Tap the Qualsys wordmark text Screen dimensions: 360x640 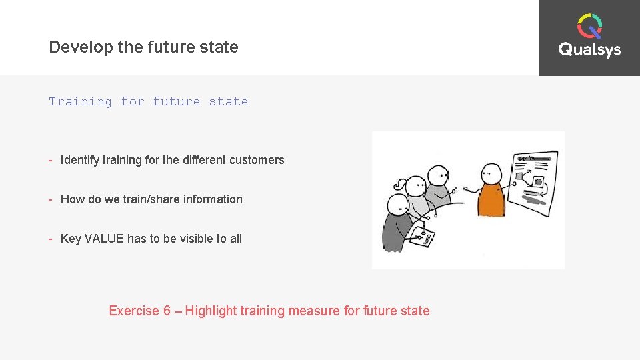tap(589, 50)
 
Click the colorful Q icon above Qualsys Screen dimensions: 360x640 tap(589, 27)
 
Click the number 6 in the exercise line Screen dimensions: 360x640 tap(167, 311)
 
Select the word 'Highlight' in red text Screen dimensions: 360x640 tap(211, 311)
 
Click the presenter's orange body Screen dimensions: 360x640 tap(493, 200)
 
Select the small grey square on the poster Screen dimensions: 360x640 tap(519, 176)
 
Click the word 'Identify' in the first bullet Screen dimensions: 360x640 tap(79, 160)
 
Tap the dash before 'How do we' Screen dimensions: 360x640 tap(51, 199)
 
